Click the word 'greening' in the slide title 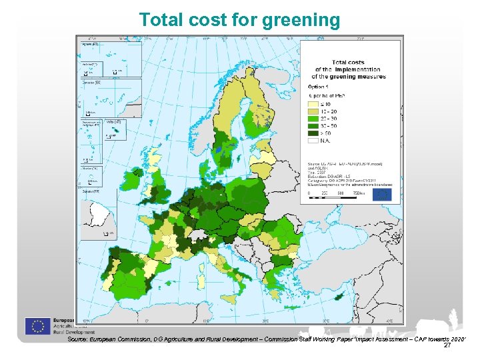pos(301,21)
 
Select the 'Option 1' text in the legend pos(318,87)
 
